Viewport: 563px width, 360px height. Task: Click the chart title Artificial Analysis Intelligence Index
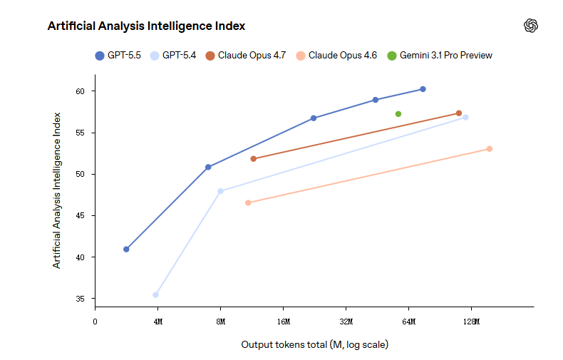click(146, 26)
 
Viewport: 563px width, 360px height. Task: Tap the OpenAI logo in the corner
click(531, 26)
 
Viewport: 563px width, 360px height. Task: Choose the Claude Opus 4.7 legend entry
click(245, 56)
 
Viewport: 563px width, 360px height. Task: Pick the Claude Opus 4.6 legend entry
click(336, 56)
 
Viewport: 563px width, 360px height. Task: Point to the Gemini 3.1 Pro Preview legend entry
click(440, 56)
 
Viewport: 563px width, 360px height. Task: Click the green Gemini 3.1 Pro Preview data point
click(398, 114)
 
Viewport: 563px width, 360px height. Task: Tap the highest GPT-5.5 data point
click(423, 89)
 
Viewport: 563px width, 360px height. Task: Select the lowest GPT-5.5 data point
click(126, 250)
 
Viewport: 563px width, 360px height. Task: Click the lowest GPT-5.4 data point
click(155, 294)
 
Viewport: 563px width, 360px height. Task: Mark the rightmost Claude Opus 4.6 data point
click(490, 149)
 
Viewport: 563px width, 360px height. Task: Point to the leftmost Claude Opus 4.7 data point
click(254, 159)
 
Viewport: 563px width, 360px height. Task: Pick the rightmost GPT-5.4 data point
click(465, 117)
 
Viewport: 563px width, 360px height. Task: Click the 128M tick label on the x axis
click(471, 322)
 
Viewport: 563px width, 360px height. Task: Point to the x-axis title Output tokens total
click(314, 345)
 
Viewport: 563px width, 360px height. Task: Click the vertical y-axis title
click(57, 190)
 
